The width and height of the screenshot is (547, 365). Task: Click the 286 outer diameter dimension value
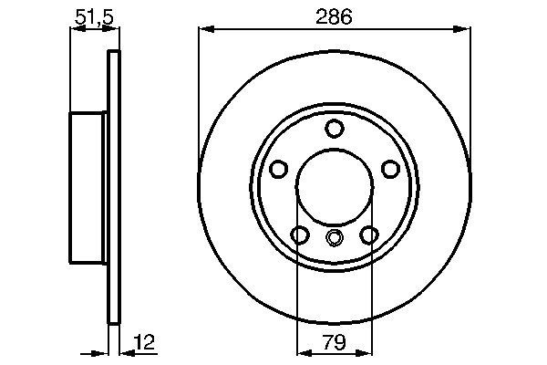pos(334,16)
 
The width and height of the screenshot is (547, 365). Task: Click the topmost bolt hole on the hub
pos(334,128)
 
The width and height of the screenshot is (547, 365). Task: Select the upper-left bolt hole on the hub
pos(279,169)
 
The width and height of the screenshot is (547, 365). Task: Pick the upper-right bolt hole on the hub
pos(389,169)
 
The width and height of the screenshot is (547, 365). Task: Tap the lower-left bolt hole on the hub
pos(300,235)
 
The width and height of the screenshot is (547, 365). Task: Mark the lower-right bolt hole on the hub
pos(368,235)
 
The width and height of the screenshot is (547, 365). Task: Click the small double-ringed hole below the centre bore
pos(334,240)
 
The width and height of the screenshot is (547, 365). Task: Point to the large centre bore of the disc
pos(334,187)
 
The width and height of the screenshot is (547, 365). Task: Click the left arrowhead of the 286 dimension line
pos(204,30)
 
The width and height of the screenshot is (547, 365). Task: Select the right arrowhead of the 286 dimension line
pos(465,30)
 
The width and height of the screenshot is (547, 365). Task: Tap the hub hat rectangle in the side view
pos(88,189)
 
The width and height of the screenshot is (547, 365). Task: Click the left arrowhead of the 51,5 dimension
pos(75,30)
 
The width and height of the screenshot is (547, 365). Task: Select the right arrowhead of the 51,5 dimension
pos(114,30)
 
